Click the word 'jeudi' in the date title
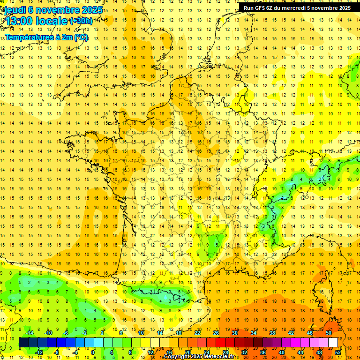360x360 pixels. [15, 10]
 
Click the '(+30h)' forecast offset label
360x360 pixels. [81, 21]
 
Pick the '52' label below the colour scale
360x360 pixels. [338, 352]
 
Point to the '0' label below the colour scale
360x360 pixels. [92, 352]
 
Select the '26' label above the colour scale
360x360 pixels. [216, 333]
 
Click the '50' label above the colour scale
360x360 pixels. [329, 333]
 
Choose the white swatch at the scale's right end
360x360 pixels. [333, 343]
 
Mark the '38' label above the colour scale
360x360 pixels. [272, 333]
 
